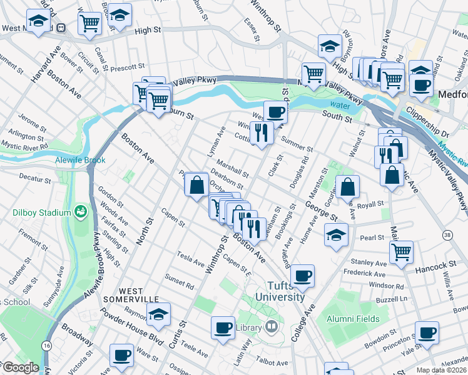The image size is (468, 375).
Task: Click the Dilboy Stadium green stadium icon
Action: tap(80, 211)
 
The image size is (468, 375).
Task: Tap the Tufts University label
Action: tap(283, 291)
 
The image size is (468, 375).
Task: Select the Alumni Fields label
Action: tap(353, 319)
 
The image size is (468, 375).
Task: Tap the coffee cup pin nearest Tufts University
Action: tap(302, 276)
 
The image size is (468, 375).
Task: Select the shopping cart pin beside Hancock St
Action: tap(401, 251)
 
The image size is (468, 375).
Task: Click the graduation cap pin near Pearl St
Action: tap(336, 236)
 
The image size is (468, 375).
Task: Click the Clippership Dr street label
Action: tap(427, 117)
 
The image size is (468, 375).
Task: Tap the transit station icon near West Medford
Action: tap(61, 28)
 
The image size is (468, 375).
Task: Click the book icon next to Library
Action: tap(271, 326)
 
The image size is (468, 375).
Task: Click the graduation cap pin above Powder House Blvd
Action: tap(161, 315)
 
